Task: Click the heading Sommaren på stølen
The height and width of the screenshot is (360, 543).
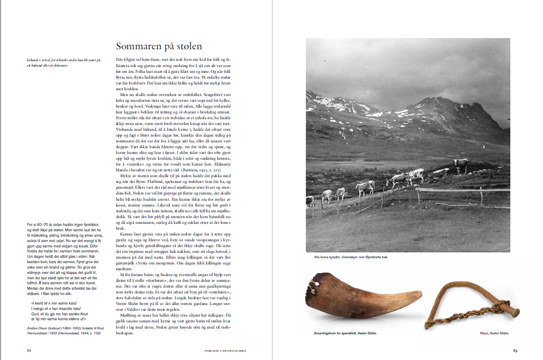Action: coord(159,46)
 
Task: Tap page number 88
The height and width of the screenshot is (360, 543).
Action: coord(29,350)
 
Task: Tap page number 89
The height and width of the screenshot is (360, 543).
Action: coord(515,350)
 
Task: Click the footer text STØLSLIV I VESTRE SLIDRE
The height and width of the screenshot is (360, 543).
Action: coord(225,351)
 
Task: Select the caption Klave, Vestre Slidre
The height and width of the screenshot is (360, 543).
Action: coord(495,333)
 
